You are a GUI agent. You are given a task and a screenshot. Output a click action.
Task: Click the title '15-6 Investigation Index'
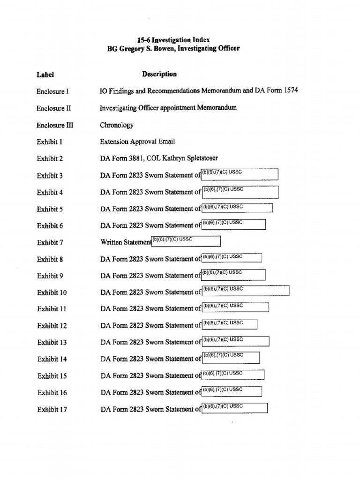pos(173,40)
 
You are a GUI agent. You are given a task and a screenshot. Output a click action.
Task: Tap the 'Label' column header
pos(45,75)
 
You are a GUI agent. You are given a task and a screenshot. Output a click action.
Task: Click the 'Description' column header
pos(159,74)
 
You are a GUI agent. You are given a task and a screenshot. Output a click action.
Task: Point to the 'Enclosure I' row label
pos(52,91)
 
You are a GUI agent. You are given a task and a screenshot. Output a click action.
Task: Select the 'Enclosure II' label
pos(54,108)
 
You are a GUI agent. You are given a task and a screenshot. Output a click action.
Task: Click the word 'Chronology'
pos(117,125)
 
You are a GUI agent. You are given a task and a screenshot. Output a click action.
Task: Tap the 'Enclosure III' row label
pos(55,125)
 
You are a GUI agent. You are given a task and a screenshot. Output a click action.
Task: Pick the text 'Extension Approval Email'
pos(137,142)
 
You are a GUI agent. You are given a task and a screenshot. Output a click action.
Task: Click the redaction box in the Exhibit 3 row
pos(240,175)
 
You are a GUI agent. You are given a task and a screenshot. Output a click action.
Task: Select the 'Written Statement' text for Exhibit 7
pos(126,242)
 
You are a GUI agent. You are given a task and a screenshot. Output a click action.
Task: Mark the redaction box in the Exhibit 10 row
pos(245,291)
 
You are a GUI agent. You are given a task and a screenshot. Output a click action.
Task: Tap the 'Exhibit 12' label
pos(52,326)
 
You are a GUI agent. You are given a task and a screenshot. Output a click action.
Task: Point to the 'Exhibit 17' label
pos(52,410)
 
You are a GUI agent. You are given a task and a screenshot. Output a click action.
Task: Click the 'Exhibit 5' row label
pos(50,209)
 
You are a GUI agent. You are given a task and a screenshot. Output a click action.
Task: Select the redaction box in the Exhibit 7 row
pos(186,241)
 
